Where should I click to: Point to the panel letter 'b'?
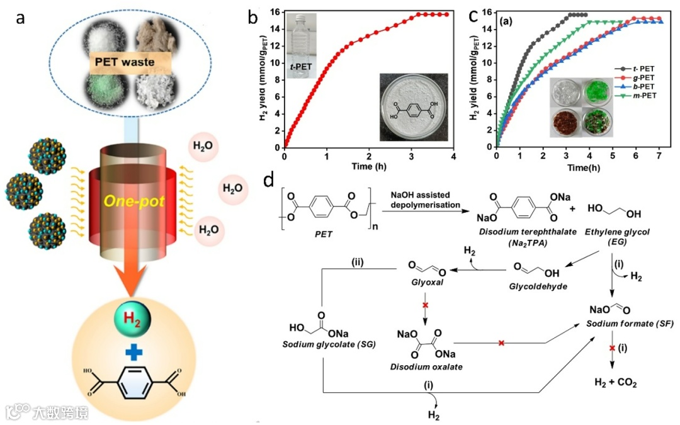(x=252, y=18)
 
